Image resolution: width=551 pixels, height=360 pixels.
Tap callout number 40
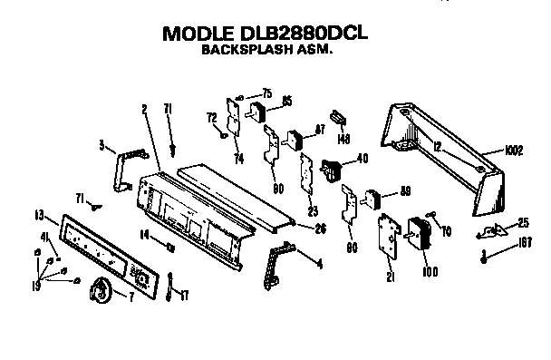(x=362, y=158)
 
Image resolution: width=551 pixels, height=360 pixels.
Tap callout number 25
(x=523, y=222)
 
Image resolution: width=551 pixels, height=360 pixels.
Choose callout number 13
(x=39, y=216)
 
